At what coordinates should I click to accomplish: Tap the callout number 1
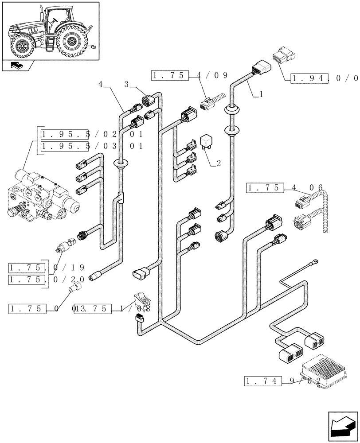coord(261,94)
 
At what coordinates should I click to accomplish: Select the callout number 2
coord(218,163)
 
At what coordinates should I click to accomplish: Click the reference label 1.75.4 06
coord(284,188)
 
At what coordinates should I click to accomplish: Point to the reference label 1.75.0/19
coord(47,268)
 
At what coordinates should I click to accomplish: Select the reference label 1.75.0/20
coord(47,280)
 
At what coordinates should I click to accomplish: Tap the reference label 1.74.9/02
coord(282,380)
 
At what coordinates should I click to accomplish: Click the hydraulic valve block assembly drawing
coord(42,196)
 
